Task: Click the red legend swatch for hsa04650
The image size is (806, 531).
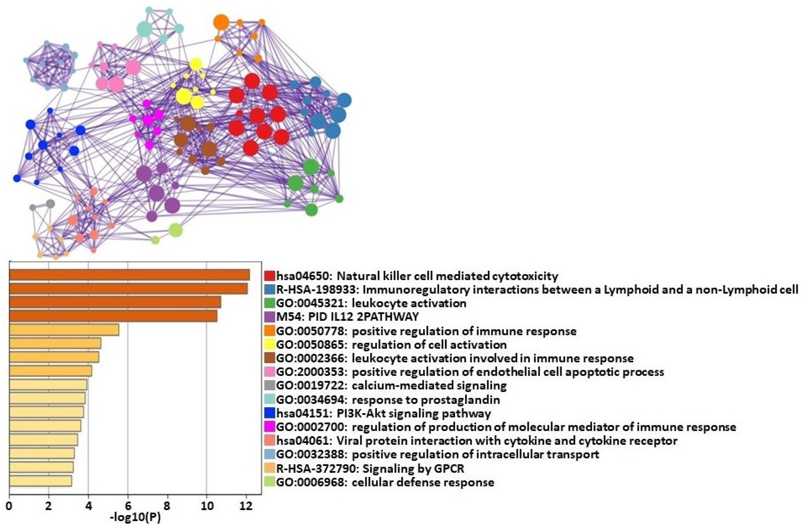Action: point(270,276)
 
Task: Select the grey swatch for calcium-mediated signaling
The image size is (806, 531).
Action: point(270,385)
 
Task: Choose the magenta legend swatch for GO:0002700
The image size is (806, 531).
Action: point(270,427)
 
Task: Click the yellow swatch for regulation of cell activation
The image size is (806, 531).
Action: point(270,345)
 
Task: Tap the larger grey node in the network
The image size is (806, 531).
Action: point(50,204)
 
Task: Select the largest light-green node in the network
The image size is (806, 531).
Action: point(175,230)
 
